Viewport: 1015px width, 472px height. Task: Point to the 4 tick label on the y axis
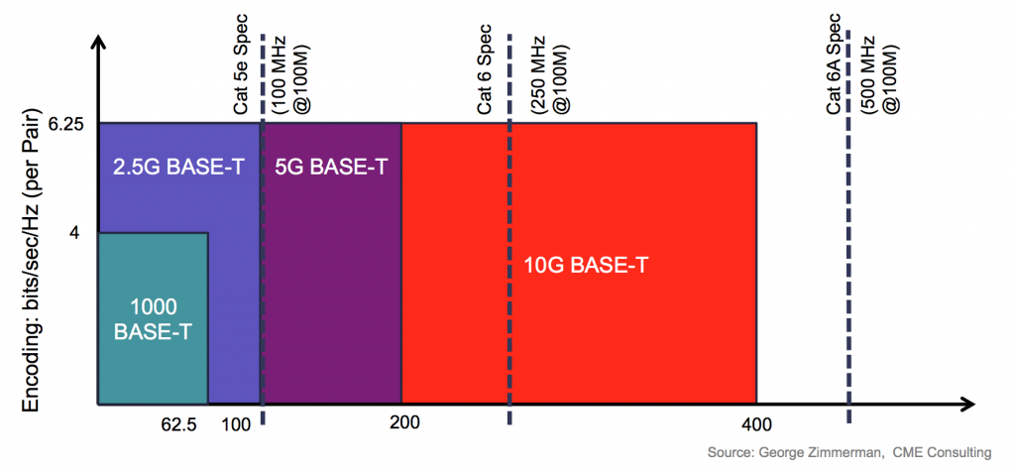point(73,233)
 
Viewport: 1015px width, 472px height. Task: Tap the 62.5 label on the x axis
point(179,424)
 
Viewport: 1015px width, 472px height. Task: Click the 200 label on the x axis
point(404,422)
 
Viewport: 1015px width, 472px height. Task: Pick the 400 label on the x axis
point(755,424)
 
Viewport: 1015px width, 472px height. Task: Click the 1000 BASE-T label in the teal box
point(153,318)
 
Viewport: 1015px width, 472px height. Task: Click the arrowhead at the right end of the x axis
point(968,404)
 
